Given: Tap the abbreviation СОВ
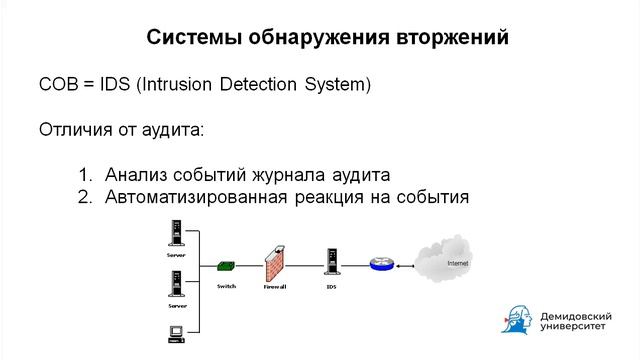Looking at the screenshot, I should point(58,85).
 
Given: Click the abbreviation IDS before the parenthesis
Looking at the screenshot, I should point(114,85).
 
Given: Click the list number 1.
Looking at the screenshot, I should point(84,174).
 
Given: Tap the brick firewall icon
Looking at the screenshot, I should point(275,263).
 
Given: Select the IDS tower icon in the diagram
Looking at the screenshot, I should point(330,262).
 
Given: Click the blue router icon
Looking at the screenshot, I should point(380,264).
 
